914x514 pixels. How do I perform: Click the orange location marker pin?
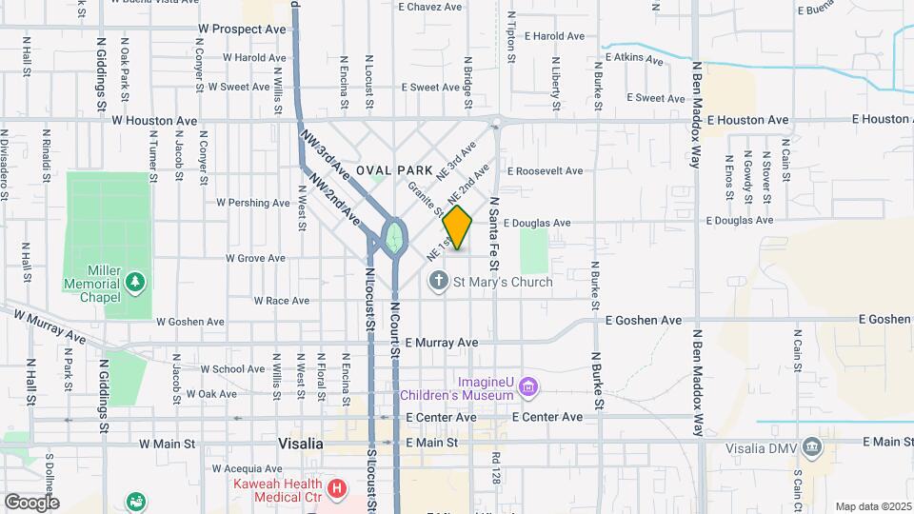(457, 227)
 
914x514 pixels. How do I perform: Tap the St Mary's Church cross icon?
(438, 281)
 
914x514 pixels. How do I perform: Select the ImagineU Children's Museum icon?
(529, 385)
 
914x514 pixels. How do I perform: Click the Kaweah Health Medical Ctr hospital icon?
(336, 489)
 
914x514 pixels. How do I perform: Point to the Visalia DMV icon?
(811, 446)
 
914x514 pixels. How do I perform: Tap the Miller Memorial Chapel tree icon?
(136, 282)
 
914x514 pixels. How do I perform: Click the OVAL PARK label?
(387, 169)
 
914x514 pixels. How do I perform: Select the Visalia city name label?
(300, 444)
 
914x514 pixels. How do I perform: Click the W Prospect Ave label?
(242, 30)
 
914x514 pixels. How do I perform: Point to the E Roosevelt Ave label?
(545, 171)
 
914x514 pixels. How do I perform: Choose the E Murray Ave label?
(441, 342)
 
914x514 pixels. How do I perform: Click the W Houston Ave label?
(154, 121)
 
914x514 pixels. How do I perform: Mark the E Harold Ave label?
(553, 36)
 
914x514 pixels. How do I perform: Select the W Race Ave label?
(281, 301)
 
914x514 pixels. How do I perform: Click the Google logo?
(30, 502)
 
